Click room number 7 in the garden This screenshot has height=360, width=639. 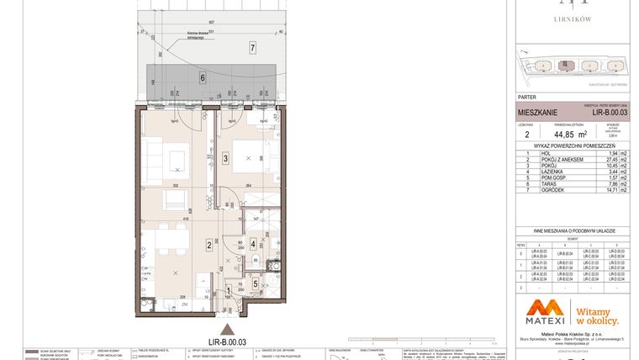click(252, 49)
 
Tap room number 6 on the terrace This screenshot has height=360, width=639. click(203, 78)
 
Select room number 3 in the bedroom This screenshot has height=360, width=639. click(225, 157)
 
